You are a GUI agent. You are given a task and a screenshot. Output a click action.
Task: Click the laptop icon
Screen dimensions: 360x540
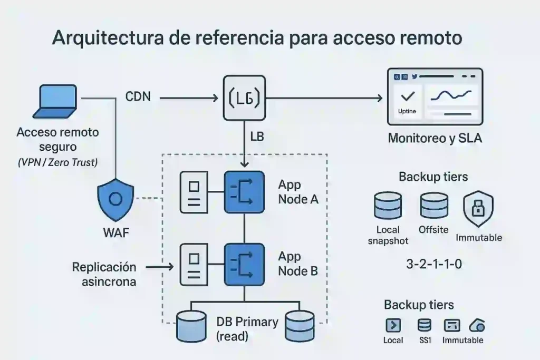pyautogui.click(x=54, y=102)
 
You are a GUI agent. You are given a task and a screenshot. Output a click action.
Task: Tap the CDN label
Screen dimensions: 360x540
pyautogui.click(x=138, y=97)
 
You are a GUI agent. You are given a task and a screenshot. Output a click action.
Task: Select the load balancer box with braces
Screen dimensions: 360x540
pyautogui.click(x=244, y=98)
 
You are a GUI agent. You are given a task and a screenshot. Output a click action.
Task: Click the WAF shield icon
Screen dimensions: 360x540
pyautogui.click(x=116, y=200)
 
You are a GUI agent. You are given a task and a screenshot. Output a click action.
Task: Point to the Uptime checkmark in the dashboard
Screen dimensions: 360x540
pyautogui.click(x=407, y=97)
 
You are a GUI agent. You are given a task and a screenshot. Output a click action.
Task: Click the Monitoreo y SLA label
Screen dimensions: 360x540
pyautogui.click(x=435, y=139)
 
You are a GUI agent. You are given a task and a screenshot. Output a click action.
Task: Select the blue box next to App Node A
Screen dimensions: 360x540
pyautogui.click(x=244, y=192)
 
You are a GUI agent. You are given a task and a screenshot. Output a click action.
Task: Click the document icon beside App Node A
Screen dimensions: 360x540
pyautogui.click(x=194, y=192)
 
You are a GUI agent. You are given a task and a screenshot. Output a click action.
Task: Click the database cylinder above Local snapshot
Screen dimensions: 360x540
pyautogui.click(x=388, y=206)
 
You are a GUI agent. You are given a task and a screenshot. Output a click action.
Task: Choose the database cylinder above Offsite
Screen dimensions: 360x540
pyautogui.click(x=433, y=206)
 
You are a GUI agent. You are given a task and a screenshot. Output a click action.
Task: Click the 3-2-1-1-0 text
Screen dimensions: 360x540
pyautogui.click(x=434, y=264)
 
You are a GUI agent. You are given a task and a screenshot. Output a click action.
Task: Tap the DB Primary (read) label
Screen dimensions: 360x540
pyautogui.click(x=247, y=328)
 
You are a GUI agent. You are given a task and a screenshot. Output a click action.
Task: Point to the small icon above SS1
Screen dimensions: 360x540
pyautogui.click(x=424, y=325)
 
